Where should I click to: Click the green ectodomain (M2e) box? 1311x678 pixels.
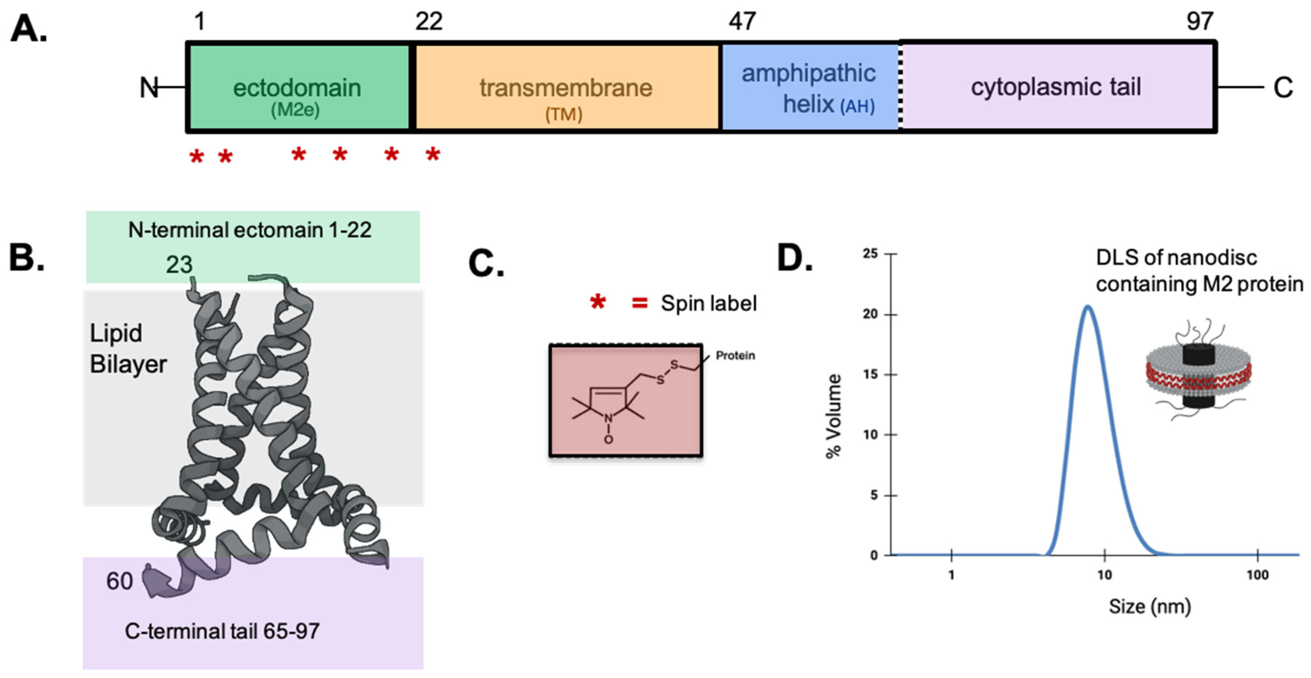pos(298,86)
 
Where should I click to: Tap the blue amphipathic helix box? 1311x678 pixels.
pos(809,86)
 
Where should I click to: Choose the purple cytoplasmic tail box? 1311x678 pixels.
pos(1056,86)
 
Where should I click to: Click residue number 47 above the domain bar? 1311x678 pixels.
pos(742,21)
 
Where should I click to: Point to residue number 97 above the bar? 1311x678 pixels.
pos(1200,21)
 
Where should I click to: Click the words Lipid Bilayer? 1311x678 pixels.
pos(127,349)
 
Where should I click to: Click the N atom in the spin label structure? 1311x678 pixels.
pos(608,419)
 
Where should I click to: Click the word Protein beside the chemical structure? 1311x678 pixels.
pos(735,355)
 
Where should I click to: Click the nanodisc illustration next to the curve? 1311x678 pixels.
pos(1197,372)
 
